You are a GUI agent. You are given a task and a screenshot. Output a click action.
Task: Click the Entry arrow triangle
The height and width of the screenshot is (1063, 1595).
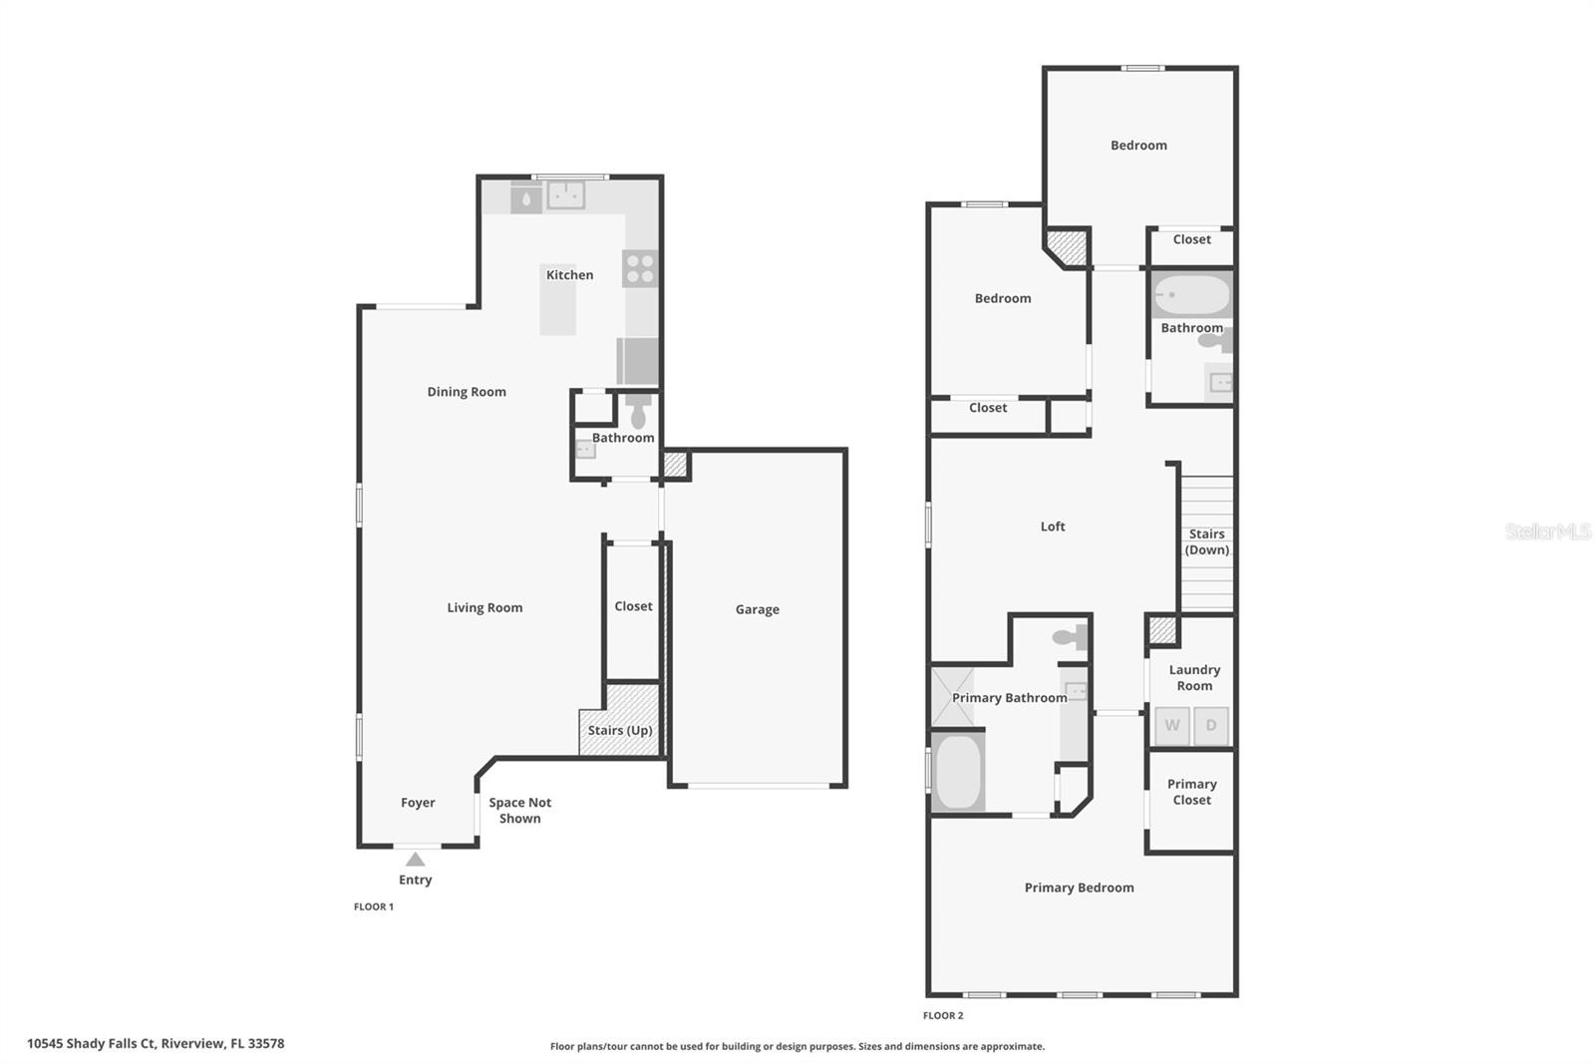pos(416,860)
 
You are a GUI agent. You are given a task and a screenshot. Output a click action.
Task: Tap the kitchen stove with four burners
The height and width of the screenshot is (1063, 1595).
pos(640,268)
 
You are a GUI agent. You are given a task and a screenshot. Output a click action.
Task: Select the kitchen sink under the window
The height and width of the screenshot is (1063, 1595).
pos(566,194)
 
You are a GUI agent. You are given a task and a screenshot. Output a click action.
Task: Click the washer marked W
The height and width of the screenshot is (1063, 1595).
pos(1172,725)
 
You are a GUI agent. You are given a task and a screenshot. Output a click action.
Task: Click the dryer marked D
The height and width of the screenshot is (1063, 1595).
pos(1211,725)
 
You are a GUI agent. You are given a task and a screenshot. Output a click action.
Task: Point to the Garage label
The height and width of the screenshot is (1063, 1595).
pos(757,609)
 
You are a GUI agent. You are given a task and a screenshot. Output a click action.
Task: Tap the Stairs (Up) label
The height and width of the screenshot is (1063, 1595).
pos(619,730)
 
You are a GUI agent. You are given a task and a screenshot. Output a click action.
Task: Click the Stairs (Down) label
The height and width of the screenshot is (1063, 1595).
pos(1206,541)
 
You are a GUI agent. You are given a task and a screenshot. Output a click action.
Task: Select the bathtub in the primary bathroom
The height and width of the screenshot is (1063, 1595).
pos(959,772)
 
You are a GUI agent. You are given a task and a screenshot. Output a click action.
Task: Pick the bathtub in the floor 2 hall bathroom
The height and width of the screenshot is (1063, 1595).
pos(1191,295)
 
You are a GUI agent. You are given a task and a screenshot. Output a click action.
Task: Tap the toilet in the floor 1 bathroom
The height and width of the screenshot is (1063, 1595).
pos(638,412)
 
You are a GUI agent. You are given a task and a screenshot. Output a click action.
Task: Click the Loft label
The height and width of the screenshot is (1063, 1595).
pos(1053,527)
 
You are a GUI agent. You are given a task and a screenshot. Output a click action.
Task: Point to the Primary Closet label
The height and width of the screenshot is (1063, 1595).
pos(1191,792)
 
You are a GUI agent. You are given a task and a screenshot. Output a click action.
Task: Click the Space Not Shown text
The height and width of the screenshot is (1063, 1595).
pos(519,810)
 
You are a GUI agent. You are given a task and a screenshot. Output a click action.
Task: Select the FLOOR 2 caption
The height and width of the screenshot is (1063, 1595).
pos(943,1015)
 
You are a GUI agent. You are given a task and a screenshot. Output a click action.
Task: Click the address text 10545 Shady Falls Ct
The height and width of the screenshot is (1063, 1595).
pos(156,1043)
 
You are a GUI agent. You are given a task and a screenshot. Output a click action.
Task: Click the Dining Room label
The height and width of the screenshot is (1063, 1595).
pos(467,392)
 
